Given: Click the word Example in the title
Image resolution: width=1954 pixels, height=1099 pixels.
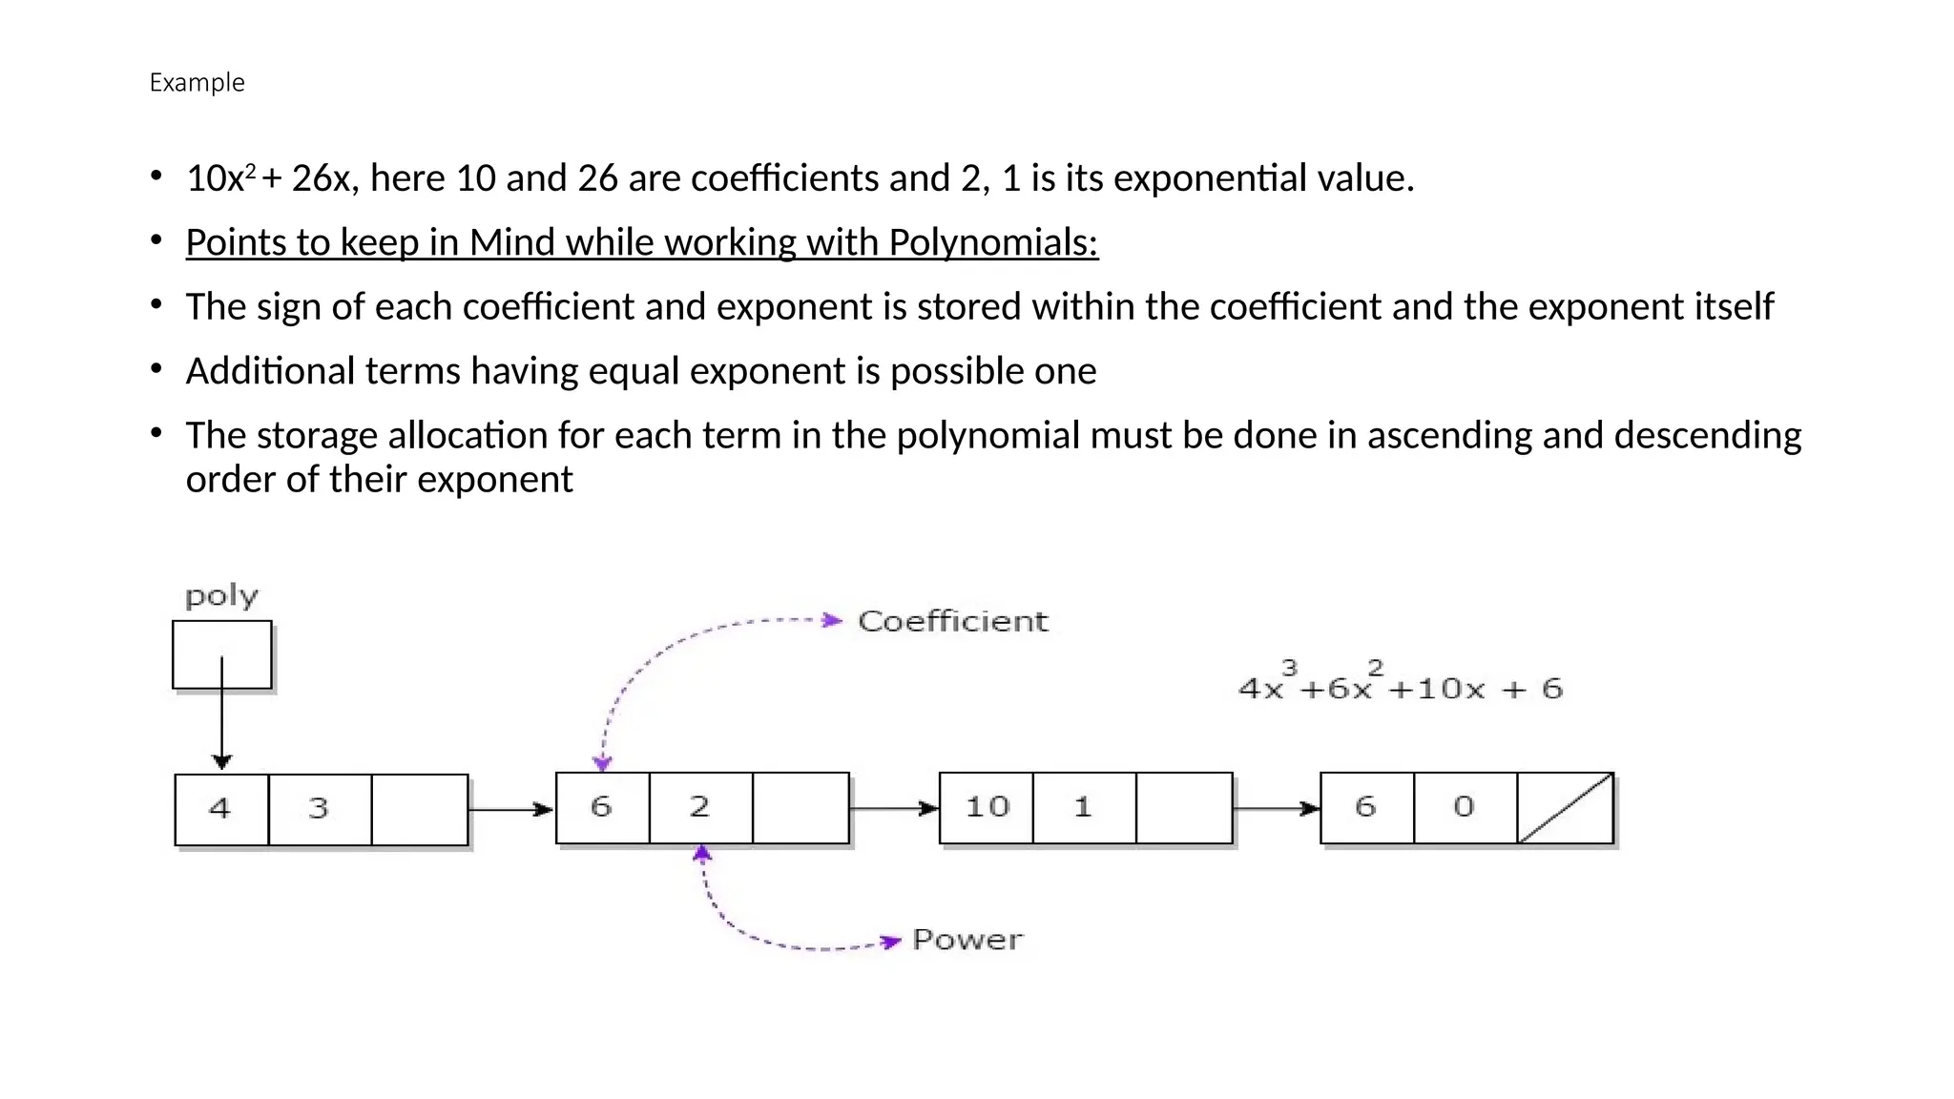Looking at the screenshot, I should (197, 83).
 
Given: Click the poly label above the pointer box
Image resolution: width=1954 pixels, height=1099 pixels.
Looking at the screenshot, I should (221, 596).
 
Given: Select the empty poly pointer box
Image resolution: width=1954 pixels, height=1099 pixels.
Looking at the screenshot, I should (221, 654).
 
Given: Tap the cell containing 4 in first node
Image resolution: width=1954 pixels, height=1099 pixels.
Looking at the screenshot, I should (221, 809).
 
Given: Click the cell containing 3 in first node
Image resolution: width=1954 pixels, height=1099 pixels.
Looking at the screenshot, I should (320, 809).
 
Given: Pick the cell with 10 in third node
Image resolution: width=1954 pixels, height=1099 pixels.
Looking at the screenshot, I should (987, 808).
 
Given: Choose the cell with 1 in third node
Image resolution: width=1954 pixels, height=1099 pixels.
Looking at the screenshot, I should (1084, 808).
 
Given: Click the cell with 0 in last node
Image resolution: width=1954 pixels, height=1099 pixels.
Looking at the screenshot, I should (1465, 808).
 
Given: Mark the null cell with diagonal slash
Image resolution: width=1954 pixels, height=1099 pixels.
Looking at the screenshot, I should (1565, 808).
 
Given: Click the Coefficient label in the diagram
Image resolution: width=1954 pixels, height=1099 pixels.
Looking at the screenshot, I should (952, 621).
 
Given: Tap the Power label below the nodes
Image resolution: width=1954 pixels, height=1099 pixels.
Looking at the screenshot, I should (967, 940).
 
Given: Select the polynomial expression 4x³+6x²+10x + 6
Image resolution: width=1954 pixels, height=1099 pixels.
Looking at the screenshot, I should (1400, 683).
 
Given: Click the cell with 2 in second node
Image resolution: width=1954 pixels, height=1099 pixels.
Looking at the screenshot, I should (700, 808).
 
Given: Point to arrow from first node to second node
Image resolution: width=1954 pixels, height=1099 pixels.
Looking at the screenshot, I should (511, 810).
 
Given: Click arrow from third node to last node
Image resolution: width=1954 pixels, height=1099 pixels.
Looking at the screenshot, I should (1277, 809).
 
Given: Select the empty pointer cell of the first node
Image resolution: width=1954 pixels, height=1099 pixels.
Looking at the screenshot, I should (420, 809).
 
